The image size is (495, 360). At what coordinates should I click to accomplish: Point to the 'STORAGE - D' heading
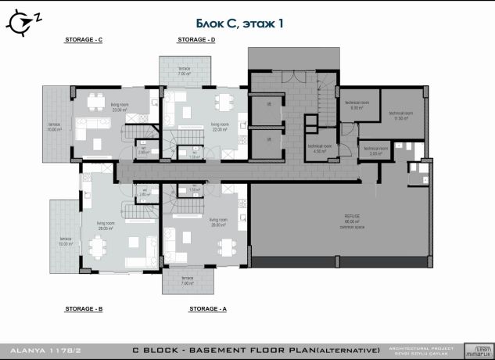tap(196, 38)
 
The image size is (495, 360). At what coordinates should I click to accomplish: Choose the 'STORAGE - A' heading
tap(208, 309)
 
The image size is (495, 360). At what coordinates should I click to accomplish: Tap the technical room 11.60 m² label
tap(400, 115)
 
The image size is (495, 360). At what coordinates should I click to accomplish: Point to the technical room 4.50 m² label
tap(319, 149)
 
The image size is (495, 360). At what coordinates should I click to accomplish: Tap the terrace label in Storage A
tap(187, 281)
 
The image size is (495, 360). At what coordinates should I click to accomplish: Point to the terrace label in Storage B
tap(65, 240)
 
